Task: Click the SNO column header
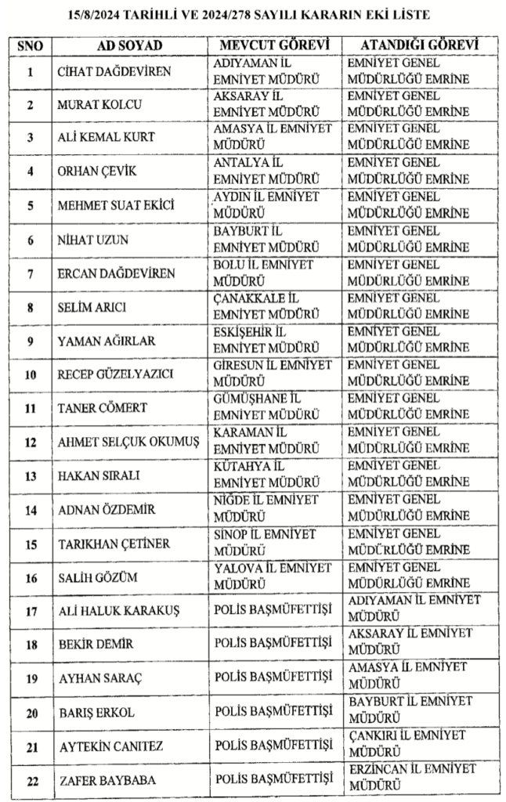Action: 30,45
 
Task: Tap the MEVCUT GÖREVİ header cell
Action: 273,45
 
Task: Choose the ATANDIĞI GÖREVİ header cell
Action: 413,45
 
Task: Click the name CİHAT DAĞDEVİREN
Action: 114,72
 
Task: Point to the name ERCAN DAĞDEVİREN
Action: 117,273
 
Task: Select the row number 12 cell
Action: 30,443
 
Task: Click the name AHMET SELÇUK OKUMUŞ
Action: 128,443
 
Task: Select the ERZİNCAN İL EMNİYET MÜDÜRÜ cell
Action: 411,778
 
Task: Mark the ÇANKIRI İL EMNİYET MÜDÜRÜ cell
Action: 407,743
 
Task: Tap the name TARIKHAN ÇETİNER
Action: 115,544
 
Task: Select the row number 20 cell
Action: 30,713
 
